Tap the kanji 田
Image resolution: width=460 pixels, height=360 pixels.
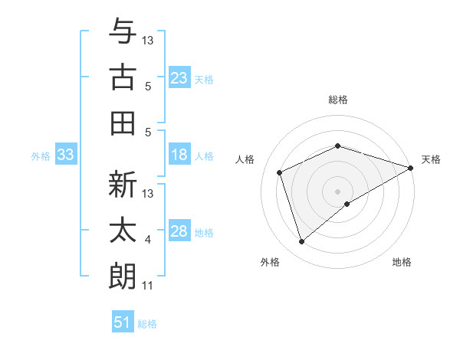[123, 123]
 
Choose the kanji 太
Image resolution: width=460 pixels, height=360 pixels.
[123, 231]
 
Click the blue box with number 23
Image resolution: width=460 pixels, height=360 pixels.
[179, 77]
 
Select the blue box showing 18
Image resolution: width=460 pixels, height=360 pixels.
[179, 155]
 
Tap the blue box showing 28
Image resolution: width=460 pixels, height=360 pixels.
[179, 232]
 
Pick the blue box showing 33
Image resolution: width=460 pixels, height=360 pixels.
[65, 155]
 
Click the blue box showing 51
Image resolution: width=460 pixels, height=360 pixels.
[123, 322]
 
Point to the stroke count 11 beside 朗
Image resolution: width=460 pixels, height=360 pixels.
[148, 286]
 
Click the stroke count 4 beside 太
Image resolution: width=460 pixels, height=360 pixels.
[148, 240]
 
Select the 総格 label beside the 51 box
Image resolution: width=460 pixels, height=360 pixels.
[147, 324]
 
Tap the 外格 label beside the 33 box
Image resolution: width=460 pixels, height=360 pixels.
[41, 156]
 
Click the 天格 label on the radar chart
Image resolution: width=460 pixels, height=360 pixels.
[432, 159]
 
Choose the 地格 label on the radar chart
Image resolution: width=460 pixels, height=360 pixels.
[402, 262]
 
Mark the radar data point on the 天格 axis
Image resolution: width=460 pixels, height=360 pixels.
[411, 167]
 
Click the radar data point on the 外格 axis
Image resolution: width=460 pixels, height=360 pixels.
[301, 242]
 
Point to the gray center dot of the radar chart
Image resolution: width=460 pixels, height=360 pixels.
[337, 191]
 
